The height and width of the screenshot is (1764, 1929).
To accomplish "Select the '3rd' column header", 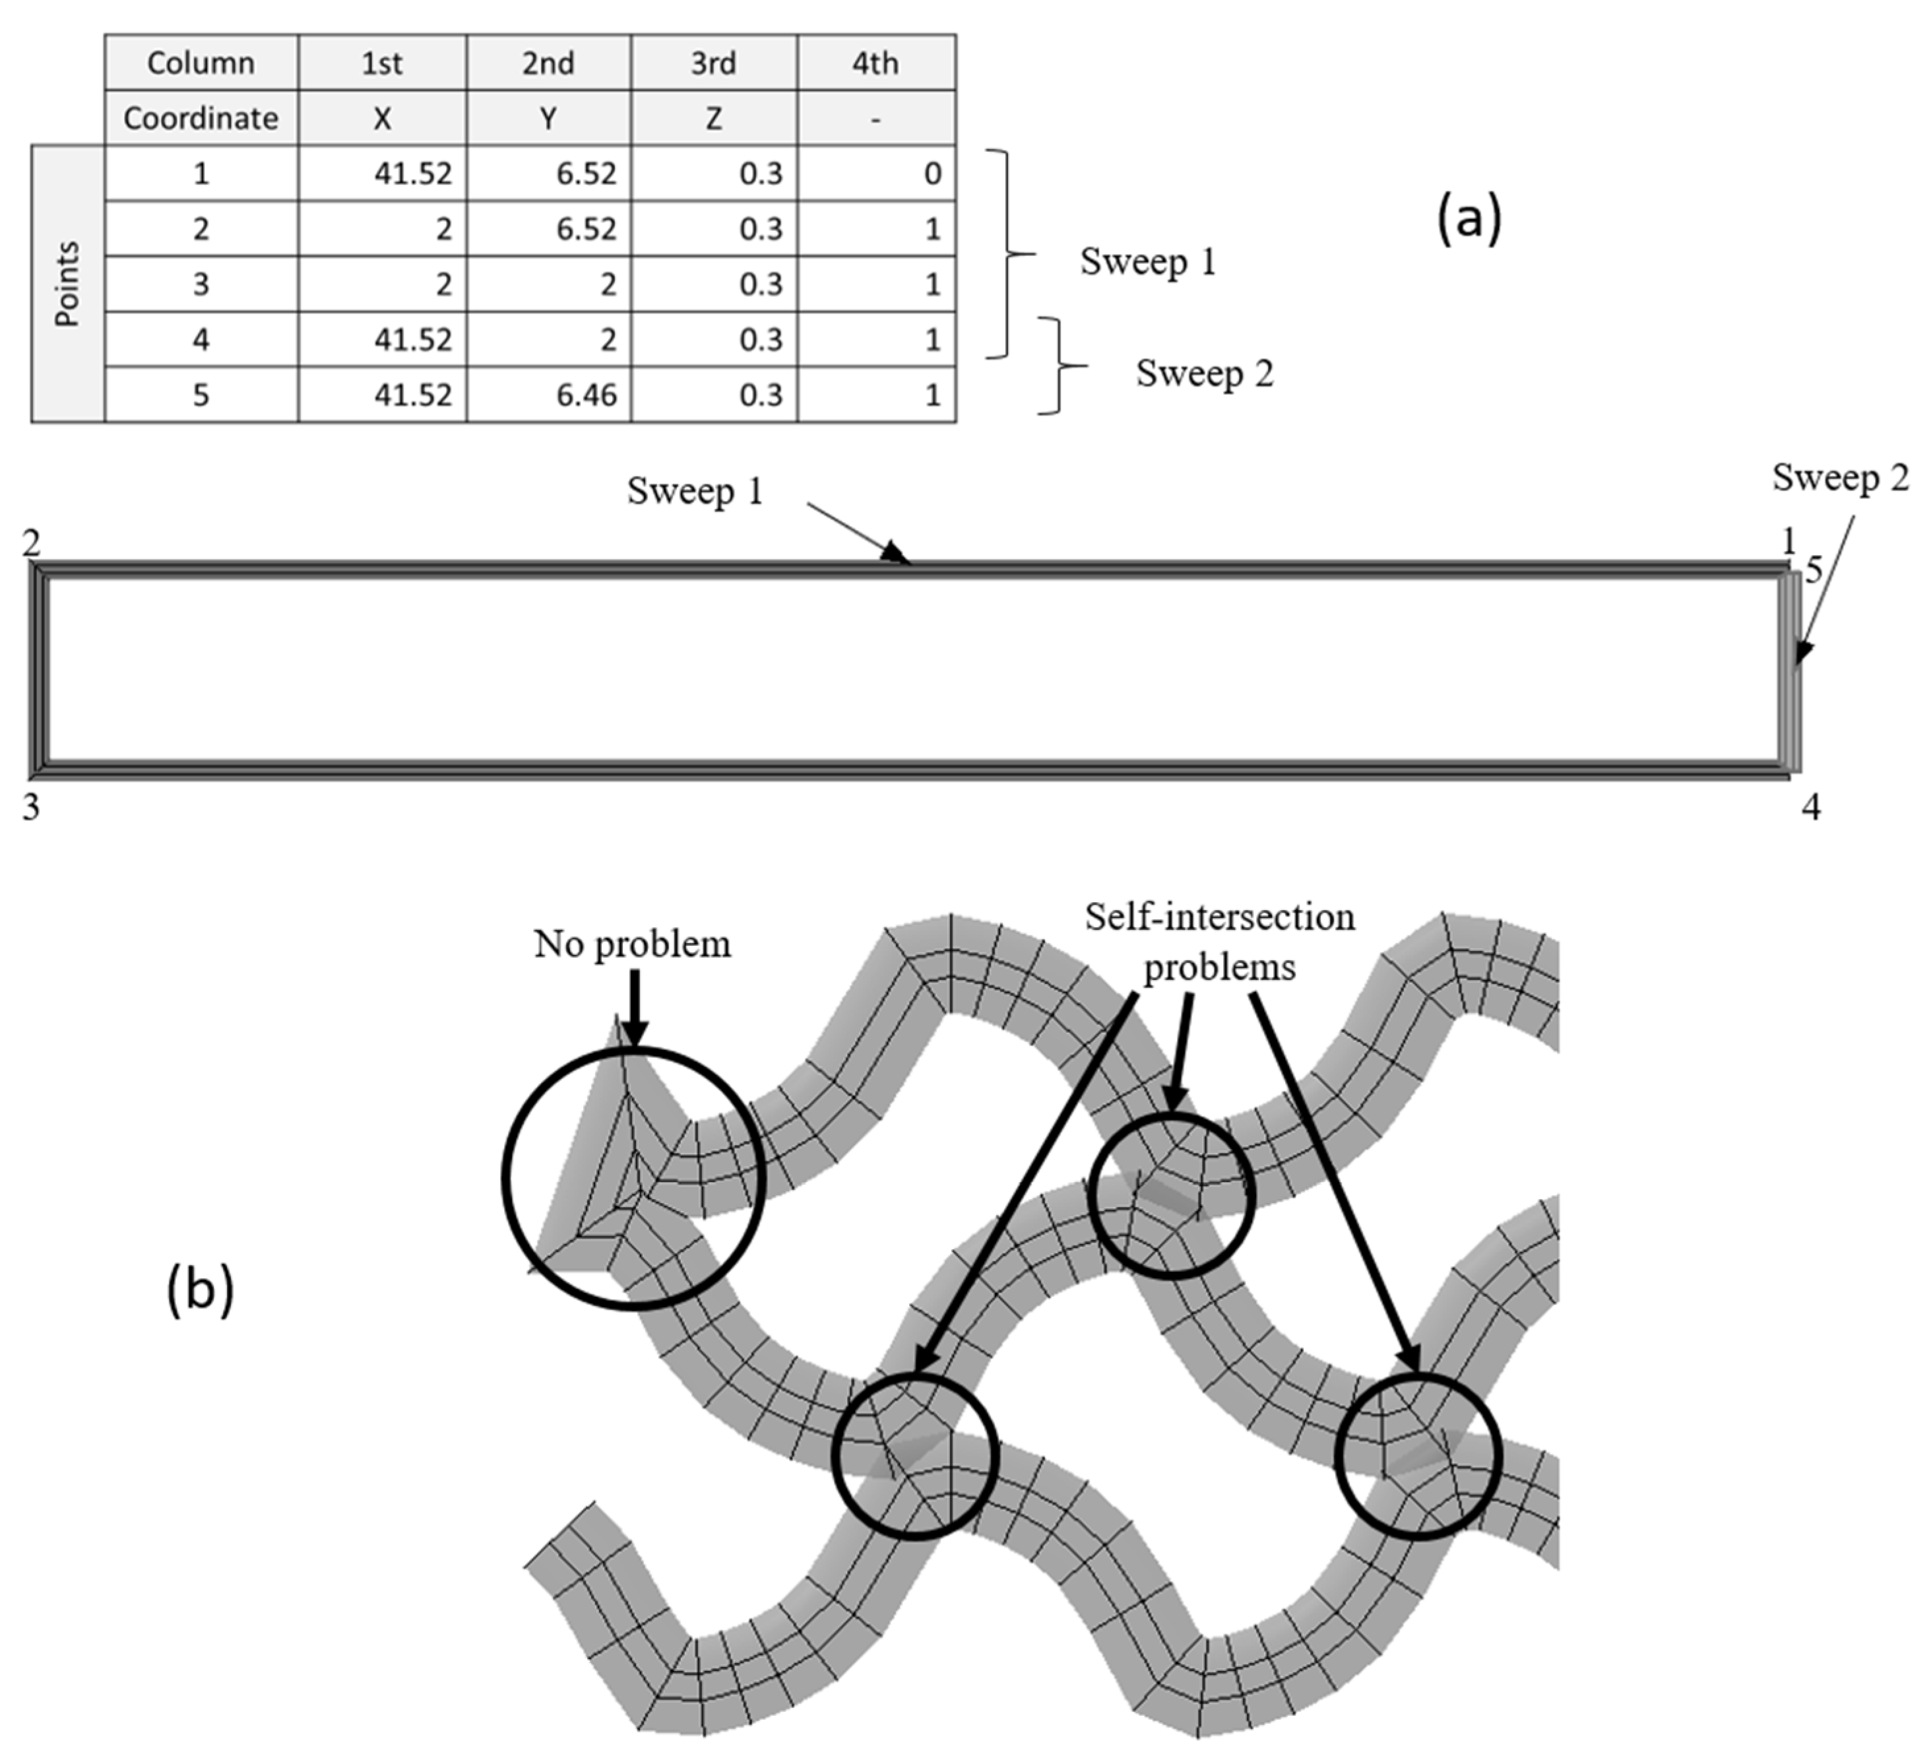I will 714,63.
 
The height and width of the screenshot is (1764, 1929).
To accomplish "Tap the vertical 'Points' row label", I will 67,283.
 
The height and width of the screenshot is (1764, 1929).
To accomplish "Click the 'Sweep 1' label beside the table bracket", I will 1147,261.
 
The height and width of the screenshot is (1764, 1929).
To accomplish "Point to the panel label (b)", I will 200,1290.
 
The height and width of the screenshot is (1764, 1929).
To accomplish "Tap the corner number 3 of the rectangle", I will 32,808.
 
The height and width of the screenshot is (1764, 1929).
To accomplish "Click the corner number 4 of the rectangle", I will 1810,808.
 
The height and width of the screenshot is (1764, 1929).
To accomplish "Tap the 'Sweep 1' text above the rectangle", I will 695,491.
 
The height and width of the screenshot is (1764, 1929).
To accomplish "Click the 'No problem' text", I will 631,944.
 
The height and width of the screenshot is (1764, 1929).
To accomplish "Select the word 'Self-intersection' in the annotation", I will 1219,917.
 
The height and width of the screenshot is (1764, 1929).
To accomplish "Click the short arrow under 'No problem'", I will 633,1009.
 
